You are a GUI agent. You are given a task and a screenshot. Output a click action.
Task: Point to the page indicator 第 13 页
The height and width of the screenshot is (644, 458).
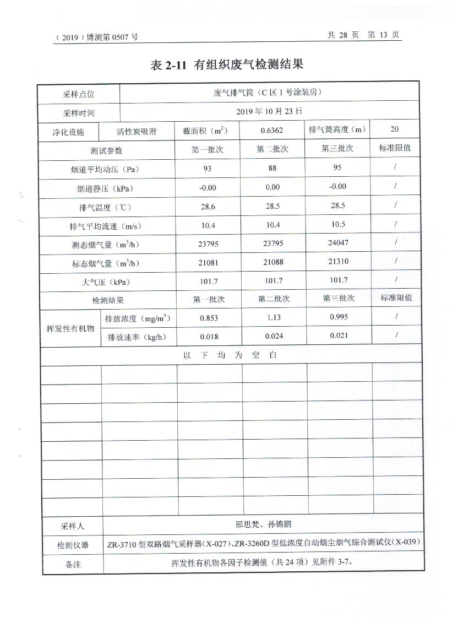point(384,35)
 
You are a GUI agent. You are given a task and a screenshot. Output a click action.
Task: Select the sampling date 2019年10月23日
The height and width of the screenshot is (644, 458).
point(269,111)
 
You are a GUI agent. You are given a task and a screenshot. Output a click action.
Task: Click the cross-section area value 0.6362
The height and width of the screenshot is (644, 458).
point(272,131)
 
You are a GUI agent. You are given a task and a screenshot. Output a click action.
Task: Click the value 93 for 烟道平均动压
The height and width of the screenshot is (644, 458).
point(208,169)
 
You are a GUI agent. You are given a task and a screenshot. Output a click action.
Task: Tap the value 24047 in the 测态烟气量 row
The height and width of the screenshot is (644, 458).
point(338,242)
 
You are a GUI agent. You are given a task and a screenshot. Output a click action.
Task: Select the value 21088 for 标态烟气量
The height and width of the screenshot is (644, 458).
point(273,262)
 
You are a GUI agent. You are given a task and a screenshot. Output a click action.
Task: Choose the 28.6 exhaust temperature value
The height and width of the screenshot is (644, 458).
point(208,206)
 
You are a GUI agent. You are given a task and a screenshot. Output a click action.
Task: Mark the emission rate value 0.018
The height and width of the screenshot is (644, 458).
point(209,337)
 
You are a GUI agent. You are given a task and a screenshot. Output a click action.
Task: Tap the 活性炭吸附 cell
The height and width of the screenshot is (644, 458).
point(137,132)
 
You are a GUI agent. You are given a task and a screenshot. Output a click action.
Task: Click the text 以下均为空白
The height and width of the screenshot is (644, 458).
point(230,355)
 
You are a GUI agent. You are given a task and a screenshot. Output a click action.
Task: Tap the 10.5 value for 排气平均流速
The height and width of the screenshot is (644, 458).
point(338,224)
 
